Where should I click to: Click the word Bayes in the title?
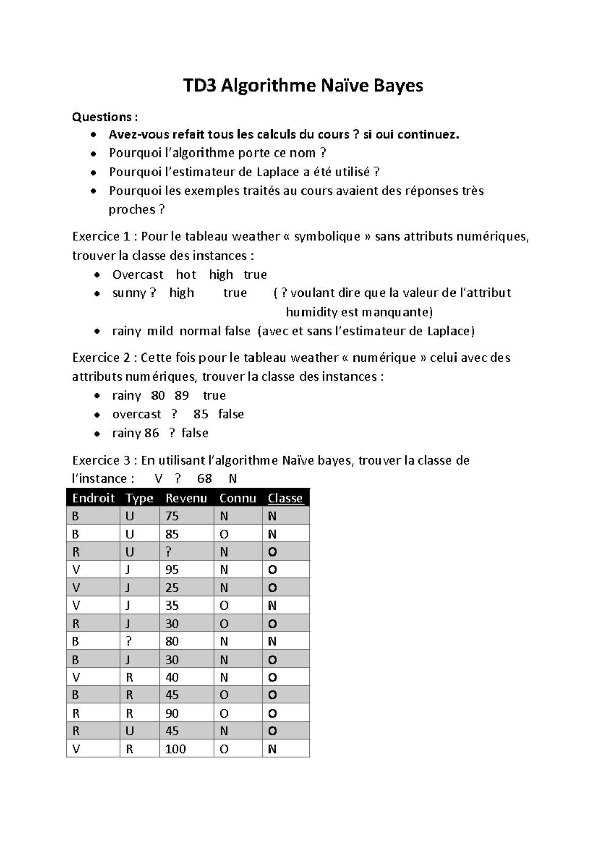(x=398, y=86)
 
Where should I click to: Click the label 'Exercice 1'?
(x=100, y=237)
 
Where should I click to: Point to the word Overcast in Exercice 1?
(x=137, y=275)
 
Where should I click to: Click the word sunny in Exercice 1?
(x=129, y=293)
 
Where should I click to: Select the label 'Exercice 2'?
(x=102, y=358)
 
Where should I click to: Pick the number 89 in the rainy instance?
(x=182, y=396)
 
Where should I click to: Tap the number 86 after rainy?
(x=151, y=433)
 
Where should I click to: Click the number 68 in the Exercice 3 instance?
(x=205, y=479)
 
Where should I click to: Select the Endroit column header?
(x=93, y=498)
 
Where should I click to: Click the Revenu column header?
(x=186, y=498)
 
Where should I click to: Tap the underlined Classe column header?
(x=285, y=498)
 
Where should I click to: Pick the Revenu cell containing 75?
(x=172, y=516)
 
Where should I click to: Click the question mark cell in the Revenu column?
(x=169, y=552)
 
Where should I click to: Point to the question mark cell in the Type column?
(x=129, y=641)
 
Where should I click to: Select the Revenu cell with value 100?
(x=176, y=749)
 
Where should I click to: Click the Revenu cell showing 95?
(x=172, y=570)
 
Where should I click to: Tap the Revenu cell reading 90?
(x=172, y=714)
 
